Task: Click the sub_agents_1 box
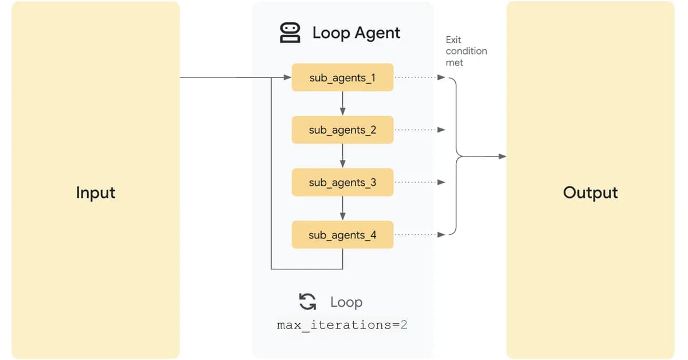click(342, 77)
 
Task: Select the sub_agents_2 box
click(342, 130)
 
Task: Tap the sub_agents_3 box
click(342, 182)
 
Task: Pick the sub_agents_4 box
click(342, 235)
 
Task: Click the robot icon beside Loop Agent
click(290, 33)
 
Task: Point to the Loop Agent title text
click(356, 33)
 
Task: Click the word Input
click(96, 193)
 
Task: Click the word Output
click(590, 193)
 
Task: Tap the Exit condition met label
click(466, 51)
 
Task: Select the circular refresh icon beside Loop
click(307, 302)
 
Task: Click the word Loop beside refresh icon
click(346, 302)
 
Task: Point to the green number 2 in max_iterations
click(404, 325)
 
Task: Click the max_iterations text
click(338, 325)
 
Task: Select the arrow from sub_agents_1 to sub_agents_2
click(342, 104)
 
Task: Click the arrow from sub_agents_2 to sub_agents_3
click(342, 156)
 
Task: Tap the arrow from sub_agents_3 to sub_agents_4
click(342, 209)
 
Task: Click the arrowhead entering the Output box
click(502, 156)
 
